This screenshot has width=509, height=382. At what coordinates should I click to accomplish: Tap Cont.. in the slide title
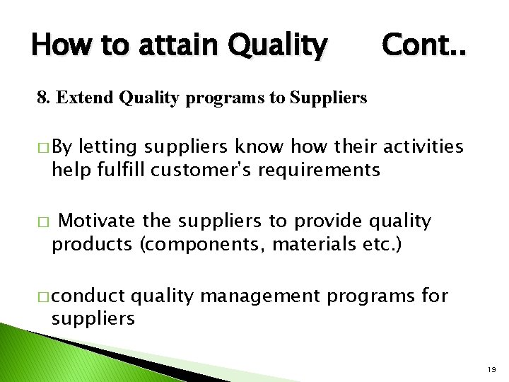point(424,45)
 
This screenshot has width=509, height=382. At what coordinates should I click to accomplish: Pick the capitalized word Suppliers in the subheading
point(328,98)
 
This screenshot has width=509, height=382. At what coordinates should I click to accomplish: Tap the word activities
point(423,146)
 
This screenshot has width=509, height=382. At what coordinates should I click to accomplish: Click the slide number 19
point(493,370)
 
